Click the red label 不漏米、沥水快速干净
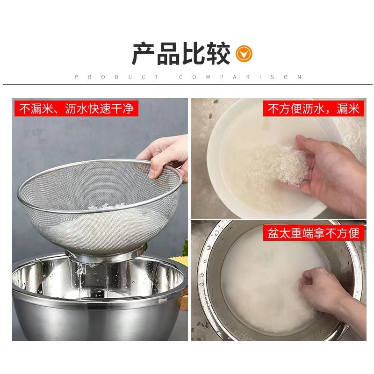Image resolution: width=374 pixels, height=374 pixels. tap(77, 109)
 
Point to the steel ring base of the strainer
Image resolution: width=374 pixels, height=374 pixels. tap(105, 255)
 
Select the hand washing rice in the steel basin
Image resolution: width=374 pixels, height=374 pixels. tap(327, 288)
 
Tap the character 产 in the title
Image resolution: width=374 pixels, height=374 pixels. tap(143, 54)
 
